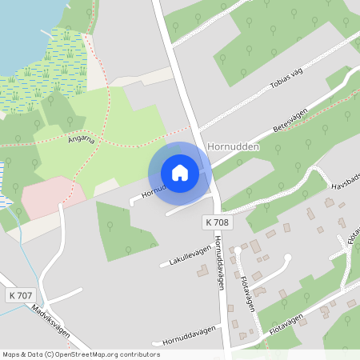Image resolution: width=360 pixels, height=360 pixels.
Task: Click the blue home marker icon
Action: (180, 173)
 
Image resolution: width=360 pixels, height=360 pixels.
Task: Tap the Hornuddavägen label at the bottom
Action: (189, 337)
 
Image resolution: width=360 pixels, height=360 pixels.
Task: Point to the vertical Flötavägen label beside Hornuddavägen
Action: (247, 294)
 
